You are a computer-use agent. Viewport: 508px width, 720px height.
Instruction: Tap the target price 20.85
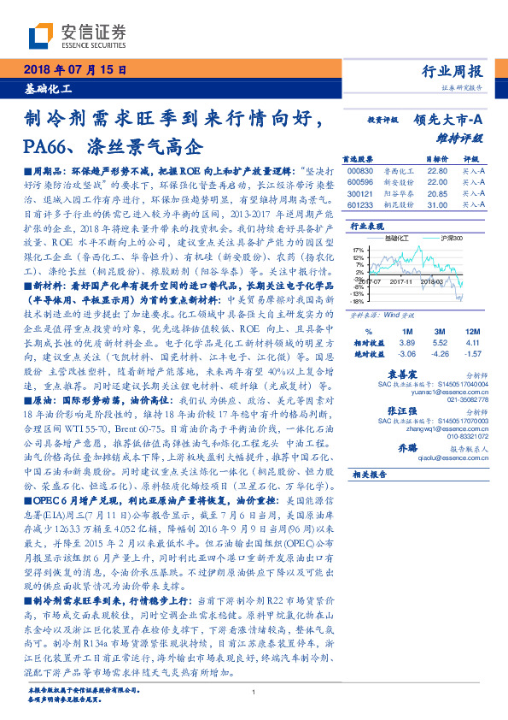click(x=436, y=194)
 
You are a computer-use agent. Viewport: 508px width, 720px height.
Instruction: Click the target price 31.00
click(x=436, y=205)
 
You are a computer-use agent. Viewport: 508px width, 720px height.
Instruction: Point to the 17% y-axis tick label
click(x=358, y=251)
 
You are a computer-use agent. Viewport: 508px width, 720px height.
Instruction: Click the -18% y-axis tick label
click(x=357, y=301)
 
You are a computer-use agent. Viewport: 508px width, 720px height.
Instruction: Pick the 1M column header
click(x=406, y=330)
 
